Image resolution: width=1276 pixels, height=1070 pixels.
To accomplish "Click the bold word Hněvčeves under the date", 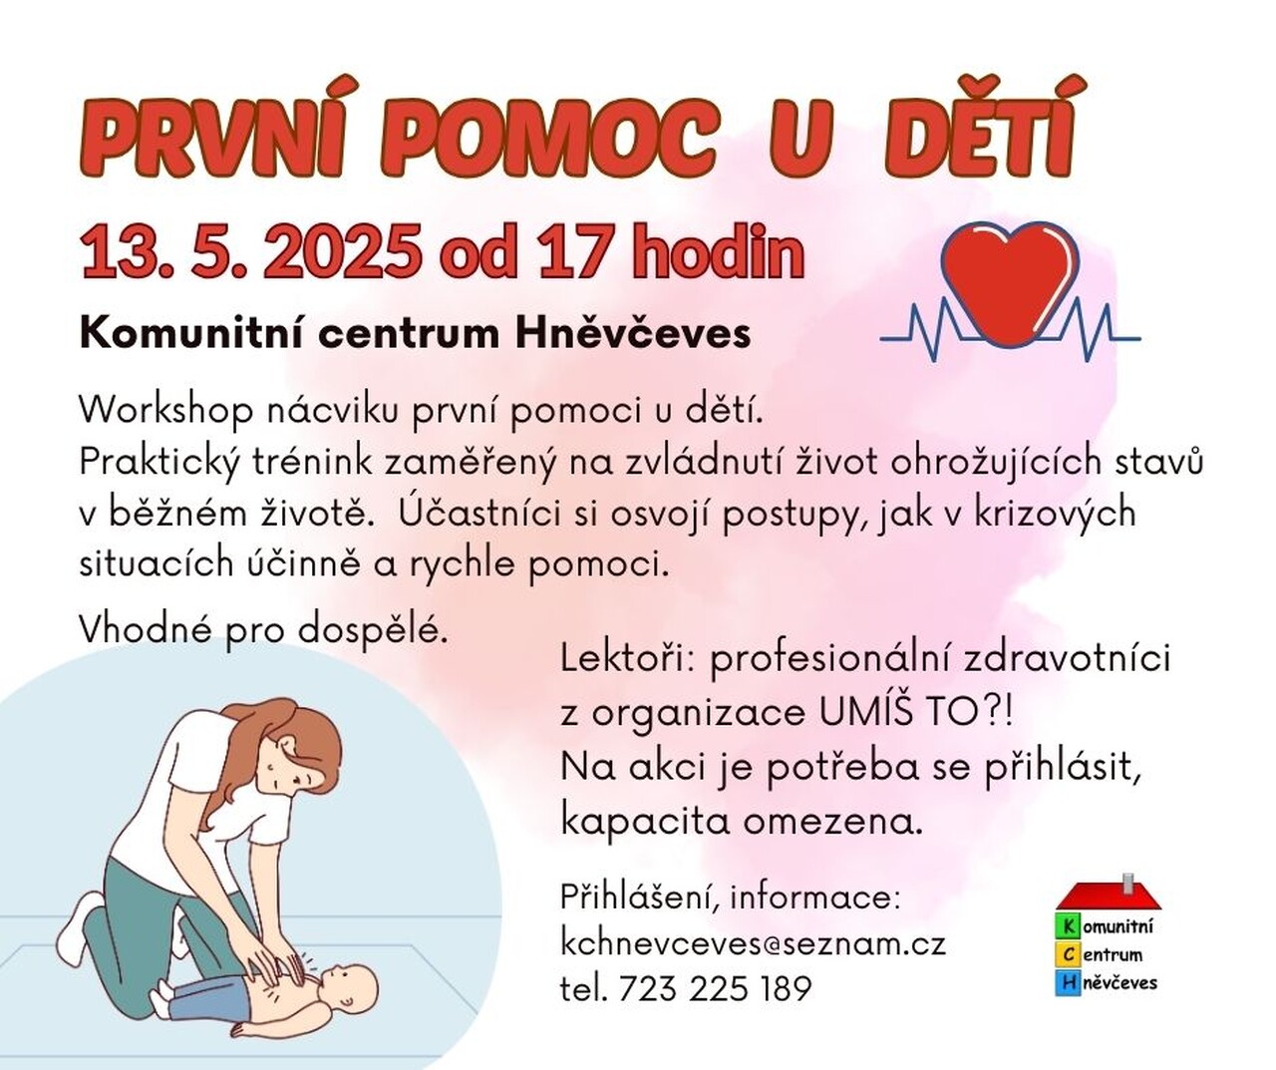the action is tap(632, 335).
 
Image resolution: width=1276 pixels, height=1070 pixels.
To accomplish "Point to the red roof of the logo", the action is tap(1109, 896).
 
